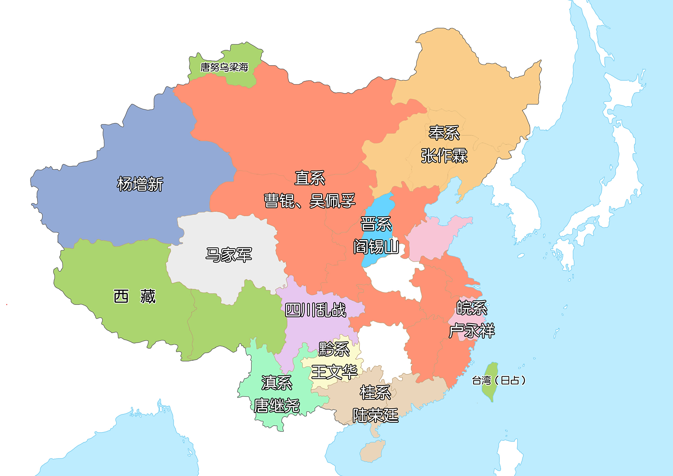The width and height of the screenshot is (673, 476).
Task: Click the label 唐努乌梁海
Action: tap(224, 67)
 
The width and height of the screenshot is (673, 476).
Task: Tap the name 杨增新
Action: tap(140, 184)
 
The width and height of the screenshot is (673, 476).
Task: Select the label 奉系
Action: tap(444, 133)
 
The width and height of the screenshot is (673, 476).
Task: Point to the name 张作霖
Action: tap(444, 156)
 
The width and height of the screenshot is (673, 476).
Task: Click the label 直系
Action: tap(310, 178)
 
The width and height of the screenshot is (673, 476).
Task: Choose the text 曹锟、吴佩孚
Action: tap(310, 201)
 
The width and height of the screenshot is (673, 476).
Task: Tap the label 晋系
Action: tap(376, 224)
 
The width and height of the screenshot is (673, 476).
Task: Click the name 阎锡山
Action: tap(376, 247)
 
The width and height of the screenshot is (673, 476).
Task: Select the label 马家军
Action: tap(229, 255)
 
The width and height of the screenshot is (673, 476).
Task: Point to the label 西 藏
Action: tap(135, 297)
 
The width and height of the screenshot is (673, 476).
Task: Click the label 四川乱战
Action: tap(315, 310)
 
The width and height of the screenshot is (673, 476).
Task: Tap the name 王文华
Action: tap(334, 372)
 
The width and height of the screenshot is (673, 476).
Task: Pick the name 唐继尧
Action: tap(277, 406)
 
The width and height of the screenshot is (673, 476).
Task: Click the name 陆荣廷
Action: tap(375, 415)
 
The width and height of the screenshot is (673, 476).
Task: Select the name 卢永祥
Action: tap(472, 331)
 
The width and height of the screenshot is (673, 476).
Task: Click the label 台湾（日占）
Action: tap(499, 380)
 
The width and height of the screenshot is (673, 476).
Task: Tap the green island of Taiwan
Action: tap(490, 382)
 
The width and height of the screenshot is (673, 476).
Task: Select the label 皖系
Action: tap(472, 308)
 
